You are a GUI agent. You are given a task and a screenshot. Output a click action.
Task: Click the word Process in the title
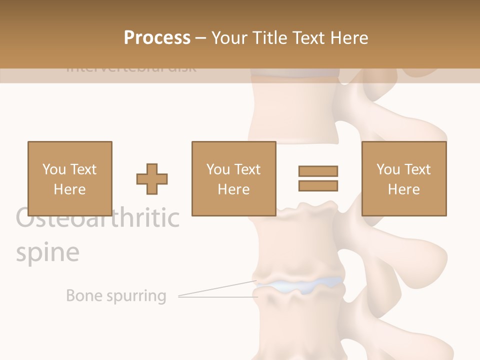click(157, 38)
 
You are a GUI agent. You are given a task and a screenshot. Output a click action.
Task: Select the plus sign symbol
click(152, 179)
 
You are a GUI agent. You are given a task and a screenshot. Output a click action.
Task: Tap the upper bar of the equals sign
click(318, 171)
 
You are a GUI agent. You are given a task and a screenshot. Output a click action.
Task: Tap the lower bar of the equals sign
click(318, 185)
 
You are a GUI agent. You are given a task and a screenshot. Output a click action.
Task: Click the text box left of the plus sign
click(69, 178)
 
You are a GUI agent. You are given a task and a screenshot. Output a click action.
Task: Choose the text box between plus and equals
click(233, 178)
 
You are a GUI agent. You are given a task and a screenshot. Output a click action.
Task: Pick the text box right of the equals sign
click(403, 178)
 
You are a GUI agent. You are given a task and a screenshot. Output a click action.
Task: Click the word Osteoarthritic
click(97, 218)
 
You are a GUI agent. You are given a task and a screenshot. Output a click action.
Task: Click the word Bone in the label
click(83, 295)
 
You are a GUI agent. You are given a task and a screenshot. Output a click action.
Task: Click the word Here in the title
click(349, 38)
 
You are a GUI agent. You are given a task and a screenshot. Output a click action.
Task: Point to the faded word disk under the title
click(182, 67)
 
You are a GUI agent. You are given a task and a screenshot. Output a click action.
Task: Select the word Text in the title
click(309, 38)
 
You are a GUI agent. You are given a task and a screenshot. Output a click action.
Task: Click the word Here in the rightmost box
click(403, 189)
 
